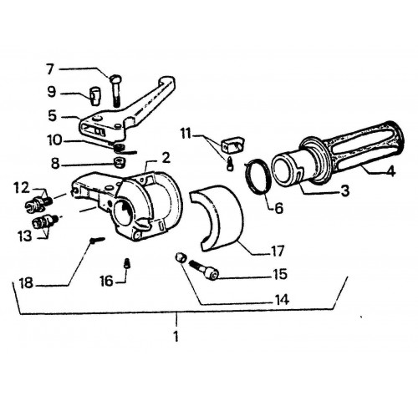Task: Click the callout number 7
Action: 50,69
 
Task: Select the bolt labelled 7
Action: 117,90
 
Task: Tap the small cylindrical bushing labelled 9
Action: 94,96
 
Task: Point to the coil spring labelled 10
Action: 123,148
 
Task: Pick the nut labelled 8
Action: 120,162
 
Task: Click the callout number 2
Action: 166,158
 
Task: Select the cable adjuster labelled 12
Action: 38,203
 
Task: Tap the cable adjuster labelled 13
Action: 45,221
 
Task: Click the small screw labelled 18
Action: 98,240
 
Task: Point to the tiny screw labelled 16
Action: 127,263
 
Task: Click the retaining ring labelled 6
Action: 258,176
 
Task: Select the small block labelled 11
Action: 232,145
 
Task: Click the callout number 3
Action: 345,191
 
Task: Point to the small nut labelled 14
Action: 180,256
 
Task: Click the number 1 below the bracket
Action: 176,337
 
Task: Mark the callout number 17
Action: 277,251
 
